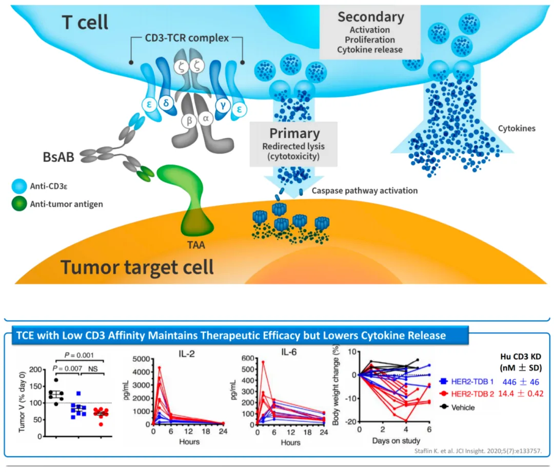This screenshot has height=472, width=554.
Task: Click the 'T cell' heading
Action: [x=85, y=22]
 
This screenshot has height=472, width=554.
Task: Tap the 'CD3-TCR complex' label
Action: [x=186, y=38]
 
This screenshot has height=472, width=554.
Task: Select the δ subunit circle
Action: [x=166, y=102]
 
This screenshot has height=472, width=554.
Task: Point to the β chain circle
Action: [x=189, y=120]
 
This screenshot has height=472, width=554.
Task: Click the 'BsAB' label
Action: [x=57, y=156]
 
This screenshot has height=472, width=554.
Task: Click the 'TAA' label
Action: [x=196, y=245]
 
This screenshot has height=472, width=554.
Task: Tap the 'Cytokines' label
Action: [x=517, y=128]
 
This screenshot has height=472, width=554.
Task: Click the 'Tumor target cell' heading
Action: [x=137, y=267]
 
